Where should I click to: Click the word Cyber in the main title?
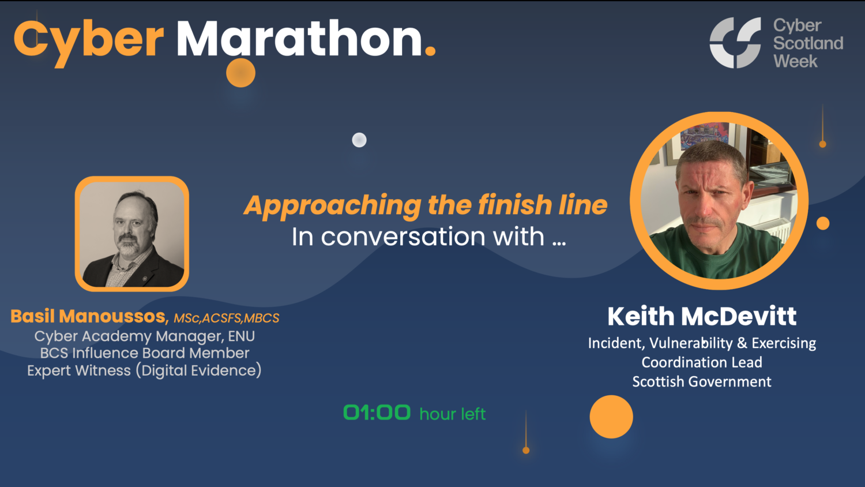click(x=89, y=40)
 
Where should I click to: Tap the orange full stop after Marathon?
click(x=430, y=51)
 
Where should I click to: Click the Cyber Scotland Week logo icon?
click(x=735, y=43)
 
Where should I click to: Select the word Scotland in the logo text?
click(x=808, y=43)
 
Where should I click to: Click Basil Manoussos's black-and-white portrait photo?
click(x=132, y=234)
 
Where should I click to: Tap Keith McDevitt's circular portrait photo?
click(x=719, y=200)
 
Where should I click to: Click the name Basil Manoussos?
click(x=88, y=316)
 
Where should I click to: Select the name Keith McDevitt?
click(x=702, y=316)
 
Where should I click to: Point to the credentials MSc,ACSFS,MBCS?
click(x=227, y=318)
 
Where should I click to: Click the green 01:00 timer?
click(x=377, y=413)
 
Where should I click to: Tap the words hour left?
click(x=453, y=414)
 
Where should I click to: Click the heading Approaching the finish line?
click(x=426, y=205)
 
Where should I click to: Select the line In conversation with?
click(x=428, y=237)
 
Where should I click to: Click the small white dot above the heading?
click(x=359, y=140)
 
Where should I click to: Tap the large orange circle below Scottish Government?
click(x=611, y=417)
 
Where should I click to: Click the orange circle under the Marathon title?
click(x=240, y=73)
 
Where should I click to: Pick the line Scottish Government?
click(x=702, y=381)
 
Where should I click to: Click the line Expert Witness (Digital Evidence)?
click(x=144, y=370)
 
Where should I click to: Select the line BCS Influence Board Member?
click(x=144, y=353)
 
